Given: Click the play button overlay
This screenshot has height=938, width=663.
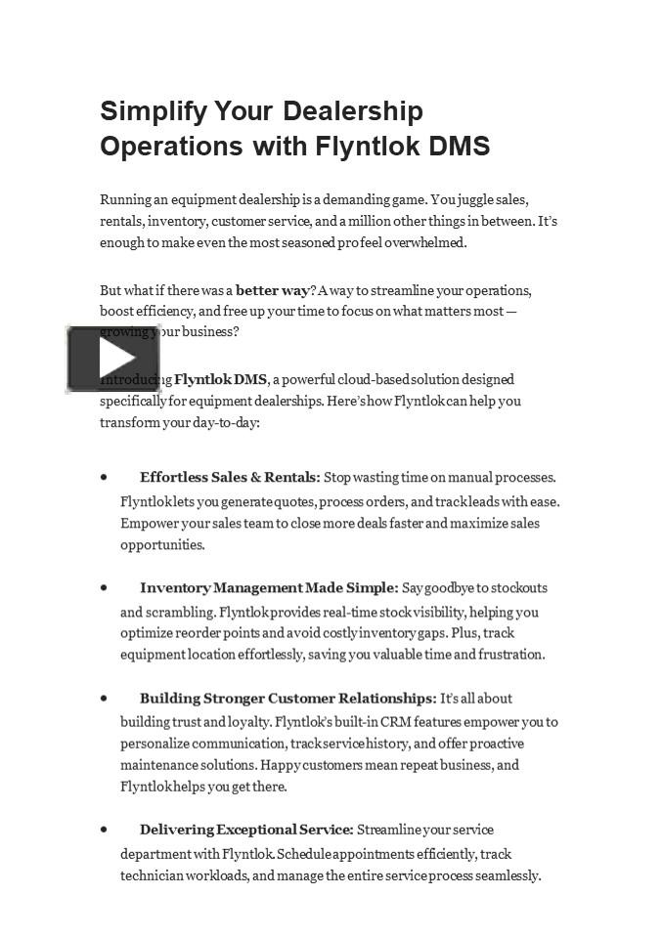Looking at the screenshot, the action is [x=113, y=360].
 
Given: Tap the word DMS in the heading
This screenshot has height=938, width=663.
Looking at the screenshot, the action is [x=460, y=147].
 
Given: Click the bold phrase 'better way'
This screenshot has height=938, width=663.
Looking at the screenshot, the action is [x=273, y=290].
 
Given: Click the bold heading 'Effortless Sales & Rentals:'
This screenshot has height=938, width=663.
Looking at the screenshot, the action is [x=230, y=478].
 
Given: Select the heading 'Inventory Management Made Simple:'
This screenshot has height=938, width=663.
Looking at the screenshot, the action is [x=269, y=588].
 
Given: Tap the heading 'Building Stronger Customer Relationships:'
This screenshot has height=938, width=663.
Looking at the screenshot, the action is [x=287, y=699].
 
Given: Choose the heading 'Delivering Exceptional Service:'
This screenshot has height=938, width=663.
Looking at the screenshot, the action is [x=246, y=830].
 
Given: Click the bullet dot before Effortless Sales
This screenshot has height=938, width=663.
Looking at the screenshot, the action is [x=104, y=478].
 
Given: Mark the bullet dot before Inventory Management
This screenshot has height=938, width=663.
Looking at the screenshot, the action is [x=104, y=588].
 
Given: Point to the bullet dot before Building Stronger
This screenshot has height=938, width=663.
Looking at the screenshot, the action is [x=104, y=699].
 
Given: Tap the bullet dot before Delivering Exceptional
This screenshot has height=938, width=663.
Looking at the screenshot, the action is [x=104, y=830].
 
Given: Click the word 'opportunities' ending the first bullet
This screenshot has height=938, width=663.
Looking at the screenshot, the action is [x=162, y=545].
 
